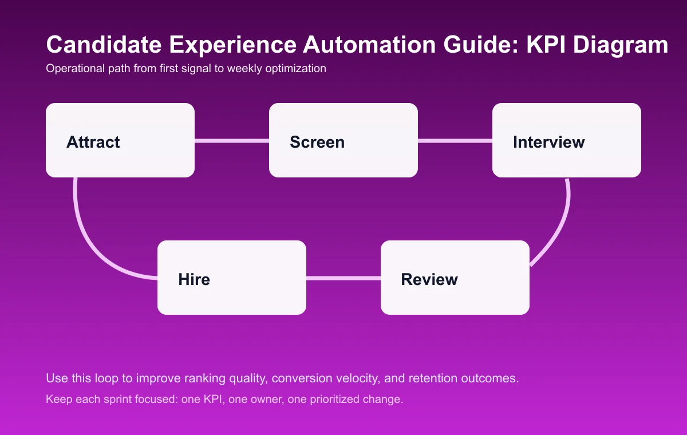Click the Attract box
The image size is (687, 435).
(120, 140)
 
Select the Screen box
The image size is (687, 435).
(343, 140)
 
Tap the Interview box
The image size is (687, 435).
(567, 140)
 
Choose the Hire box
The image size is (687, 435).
(232, 278)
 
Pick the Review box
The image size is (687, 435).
(455, 278)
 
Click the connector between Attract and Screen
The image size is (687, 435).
(232, 140)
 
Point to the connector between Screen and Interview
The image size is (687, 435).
(455, 140)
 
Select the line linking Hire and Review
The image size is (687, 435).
(343, 278)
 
